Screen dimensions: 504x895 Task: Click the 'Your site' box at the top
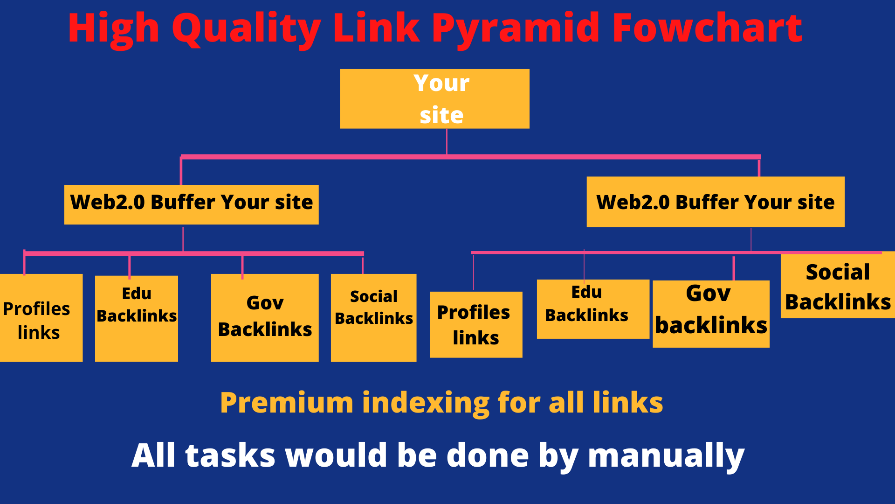tap(434, 99)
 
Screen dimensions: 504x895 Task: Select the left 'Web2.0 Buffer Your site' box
tap(191, 204)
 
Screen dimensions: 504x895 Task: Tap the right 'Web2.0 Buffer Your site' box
tap(715, 202)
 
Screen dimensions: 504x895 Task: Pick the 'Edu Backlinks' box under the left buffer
tap(137, 318)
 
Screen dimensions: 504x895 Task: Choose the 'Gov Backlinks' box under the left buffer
tap(265, 317)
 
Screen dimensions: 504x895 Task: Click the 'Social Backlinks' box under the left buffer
tap(373, 317)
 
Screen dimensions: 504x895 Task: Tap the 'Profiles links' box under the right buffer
tap(475, 325)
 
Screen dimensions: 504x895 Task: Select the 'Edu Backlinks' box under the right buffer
tap(592, 309)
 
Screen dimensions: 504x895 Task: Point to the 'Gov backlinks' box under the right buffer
tap(711, 314)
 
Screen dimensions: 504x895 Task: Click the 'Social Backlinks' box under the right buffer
tap(838, 286)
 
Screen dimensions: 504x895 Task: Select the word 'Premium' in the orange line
tap(287, 403)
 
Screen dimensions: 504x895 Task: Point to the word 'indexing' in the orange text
tap(426, 403)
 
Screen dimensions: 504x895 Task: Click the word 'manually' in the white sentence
tap(666, 455)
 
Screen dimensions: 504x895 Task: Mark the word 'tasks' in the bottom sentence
tap(230, 455)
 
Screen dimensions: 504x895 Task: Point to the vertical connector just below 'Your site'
tap(447, 141)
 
